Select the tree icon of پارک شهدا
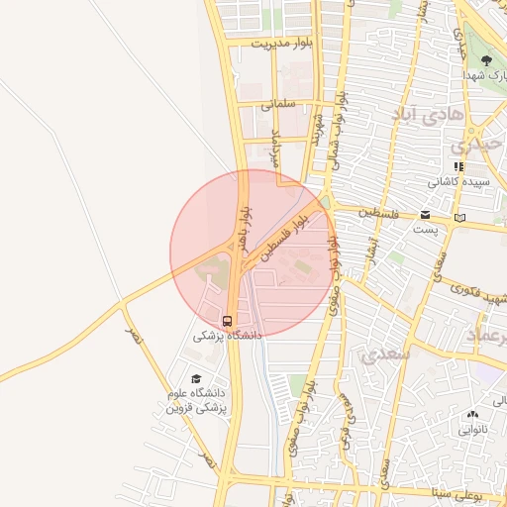tap(485, 61)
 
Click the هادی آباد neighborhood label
tap(428, 115)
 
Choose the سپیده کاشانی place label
tap(455, 182)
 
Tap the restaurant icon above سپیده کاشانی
tap(457, 166)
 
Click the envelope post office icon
tap(425, 215)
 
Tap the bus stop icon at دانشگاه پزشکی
tap(228, 321)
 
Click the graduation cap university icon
tap(196, 379)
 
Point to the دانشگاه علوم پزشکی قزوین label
tap(196, 400)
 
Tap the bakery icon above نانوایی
tap(471, 415)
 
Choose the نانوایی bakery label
tap(471, 430)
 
